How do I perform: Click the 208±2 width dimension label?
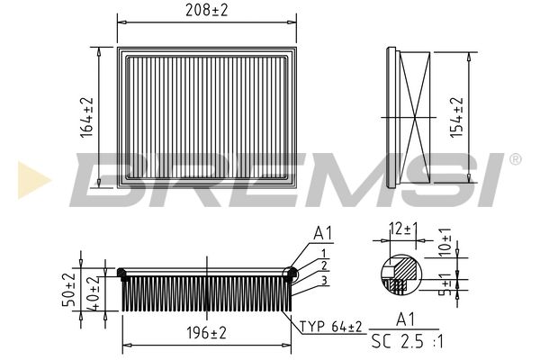(207, 10)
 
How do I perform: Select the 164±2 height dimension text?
(87, 117)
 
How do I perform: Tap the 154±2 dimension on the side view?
(457, 117)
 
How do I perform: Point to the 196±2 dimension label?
(207, 333)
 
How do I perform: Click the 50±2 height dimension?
(68, 290)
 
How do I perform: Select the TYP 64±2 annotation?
(331, 326)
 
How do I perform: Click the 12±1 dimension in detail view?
(403, 229)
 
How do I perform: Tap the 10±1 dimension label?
(445, 242)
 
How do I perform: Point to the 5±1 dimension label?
(446, 284)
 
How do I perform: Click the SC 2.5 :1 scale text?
(408, 341)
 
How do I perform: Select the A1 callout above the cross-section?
(323, 233)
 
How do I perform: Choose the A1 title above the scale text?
(405, 319)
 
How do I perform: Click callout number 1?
(324, 254)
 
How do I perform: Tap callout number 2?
(324, 265)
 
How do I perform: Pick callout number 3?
(324, 281)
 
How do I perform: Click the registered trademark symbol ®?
(515, 159)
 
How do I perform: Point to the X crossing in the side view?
(415, 118)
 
